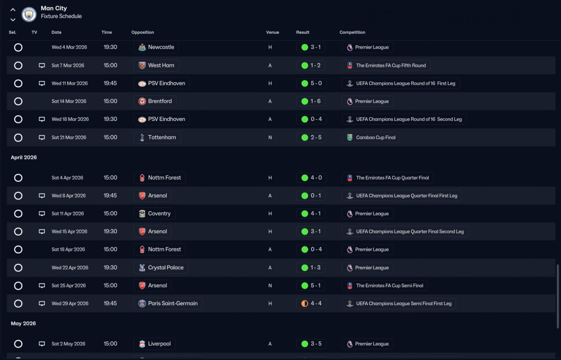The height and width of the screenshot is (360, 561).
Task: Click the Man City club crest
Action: click(x=29, y=14)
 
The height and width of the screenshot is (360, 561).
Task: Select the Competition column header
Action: click(x=352, y=32)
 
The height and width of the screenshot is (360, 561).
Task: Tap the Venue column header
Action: click(x=273, y=32)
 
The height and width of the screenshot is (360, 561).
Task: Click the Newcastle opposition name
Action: click(x=161, y=47)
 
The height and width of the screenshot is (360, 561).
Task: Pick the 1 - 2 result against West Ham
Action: click(x=315, y=65)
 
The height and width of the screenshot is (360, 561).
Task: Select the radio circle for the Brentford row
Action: click(x=18, y=102)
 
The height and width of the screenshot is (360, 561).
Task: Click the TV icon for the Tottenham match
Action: click(x=42, y=138)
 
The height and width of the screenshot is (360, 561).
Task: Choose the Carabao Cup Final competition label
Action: click(x=376, y=138)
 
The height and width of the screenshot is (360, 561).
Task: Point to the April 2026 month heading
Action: click(x=24, y=157)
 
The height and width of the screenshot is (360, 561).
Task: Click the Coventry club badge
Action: click(x=142, y=214)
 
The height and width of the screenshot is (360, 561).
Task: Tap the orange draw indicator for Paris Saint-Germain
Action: click(x=305, y=304)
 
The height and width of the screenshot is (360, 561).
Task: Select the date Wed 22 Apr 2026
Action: click(x=70, y=268)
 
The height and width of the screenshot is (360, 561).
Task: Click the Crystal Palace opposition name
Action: click(x=166, y=268)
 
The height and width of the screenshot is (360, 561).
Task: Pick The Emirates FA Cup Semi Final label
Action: click(x=390, y=286)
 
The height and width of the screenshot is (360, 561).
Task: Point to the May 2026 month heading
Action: click(x=23, y=324)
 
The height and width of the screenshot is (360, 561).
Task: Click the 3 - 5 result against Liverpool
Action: click(x=316, y=344)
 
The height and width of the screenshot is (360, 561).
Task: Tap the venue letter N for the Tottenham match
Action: click(x=270, y=138)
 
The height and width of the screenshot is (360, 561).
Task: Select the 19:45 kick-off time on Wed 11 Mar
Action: click(x=110, y=83)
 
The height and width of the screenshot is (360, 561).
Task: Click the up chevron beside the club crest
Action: click(x=13, y=10)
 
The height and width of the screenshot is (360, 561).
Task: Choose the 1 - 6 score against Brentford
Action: click(x=316, y=101)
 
